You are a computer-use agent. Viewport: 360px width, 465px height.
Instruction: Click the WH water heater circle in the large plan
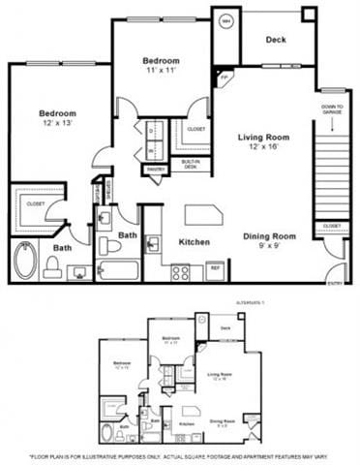click(225, 19)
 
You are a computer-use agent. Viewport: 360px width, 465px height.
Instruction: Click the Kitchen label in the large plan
click(195, 241)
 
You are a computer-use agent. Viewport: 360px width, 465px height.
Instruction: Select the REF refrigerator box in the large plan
click(215, 270)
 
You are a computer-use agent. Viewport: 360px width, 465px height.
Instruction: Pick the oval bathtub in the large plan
click(26, 261)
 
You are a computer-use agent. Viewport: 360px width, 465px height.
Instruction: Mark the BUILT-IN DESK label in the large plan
click(191, 164)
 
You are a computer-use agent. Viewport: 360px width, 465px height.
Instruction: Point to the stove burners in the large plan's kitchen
click(181, 272)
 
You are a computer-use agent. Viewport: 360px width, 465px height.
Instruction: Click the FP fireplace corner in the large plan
click(224, 75)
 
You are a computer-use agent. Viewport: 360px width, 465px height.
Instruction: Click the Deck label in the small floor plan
click(225, 327)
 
